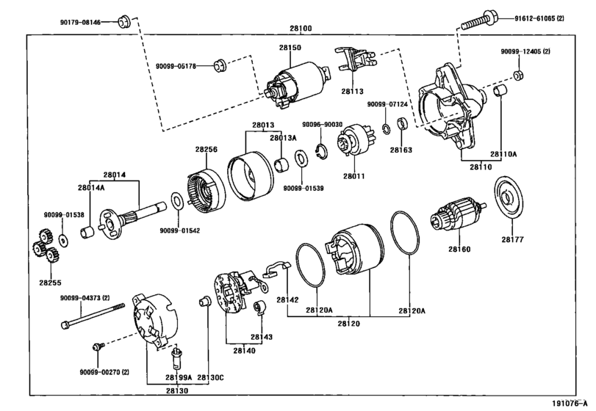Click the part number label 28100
[x=301, y=28]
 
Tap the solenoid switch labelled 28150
[x=295, y=86]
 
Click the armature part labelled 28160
[x=457, y=215]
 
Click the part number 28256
[x=207, y=150]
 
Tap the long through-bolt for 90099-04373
[x=93, y=315]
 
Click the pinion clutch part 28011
[x=353, y=140]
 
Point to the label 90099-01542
[x=179, y=230]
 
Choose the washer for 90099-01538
[x=63, y=240]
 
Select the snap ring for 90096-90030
[x=322, y=152]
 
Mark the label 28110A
[x=503, y=154]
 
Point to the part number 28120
[x=348, y=324]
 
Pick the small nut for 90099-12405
[x=517, y=75]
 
